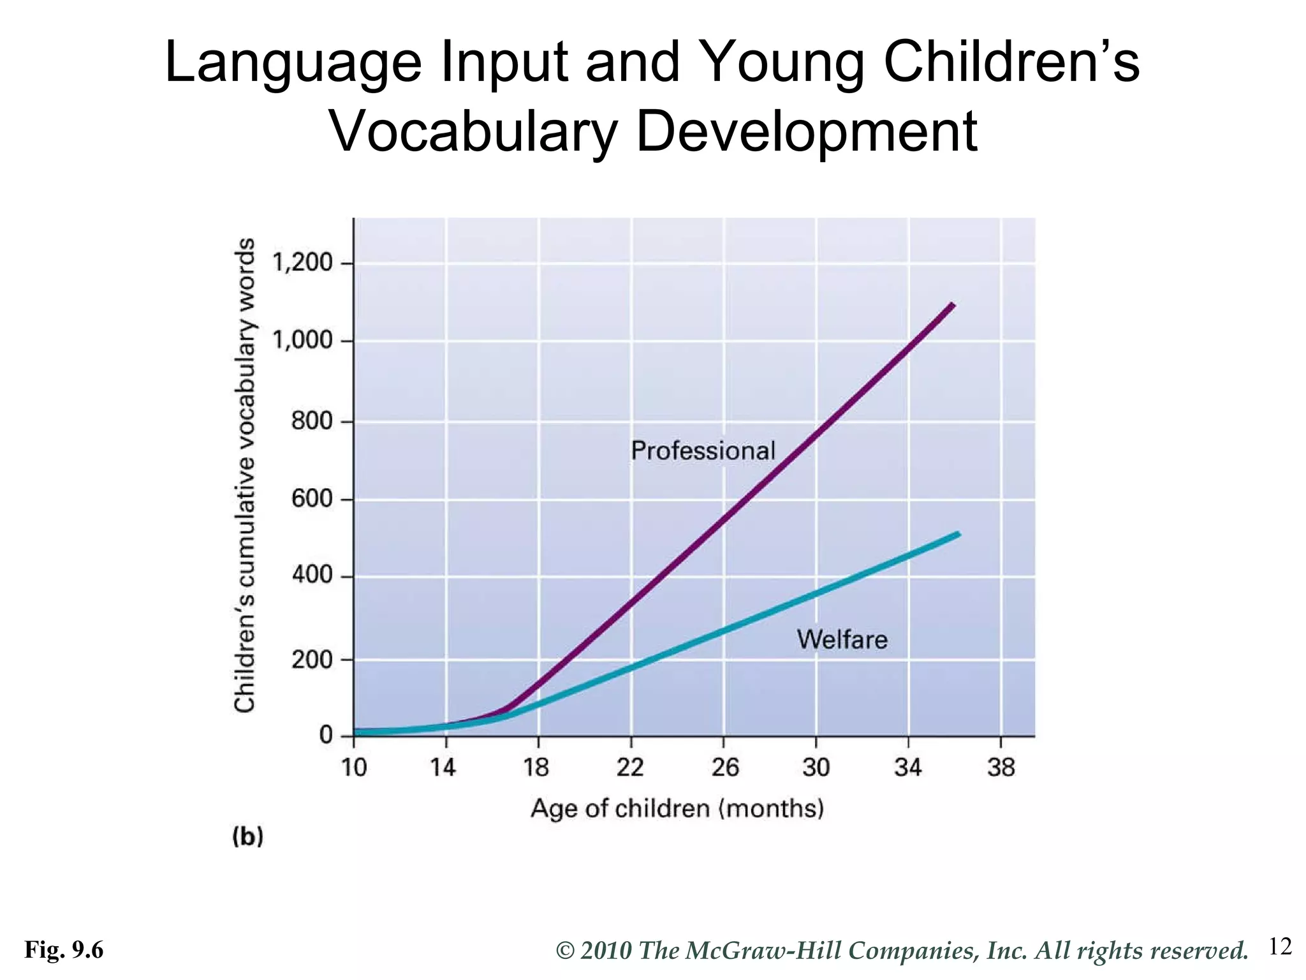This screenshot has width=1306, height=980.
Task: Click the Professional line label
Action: pyautogui.click(x=703, y=451)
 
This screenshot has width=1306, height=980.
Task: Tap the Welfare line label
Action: pyautogui.click(x=842, y=639)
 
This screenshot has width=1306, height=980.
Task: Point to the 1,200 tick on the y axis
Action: pyautogui.click(x=303, y=263)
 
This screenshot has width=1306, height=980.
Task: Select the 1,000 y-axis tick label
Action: pyautogui.click(x=303, y=341)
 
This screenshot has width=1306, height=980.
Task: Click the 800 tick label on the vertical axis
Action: pyautogui.click(x=312, y=421)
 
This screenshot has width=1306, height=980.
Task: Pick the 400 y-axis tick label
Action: pyautogui.click(x=312, y=576)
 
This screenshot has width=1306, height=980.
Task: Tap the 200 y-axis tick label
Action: pyautogui.click(x=312, y=659)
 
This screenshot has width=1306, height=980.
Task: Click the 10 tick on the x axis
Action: pyautogui.click(x=354, y=767)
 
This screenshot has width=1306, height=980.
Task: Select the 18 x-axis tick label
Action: pyautogui.click(x=536, y=767)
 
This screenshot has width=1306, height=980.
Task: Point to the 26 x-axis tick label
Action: pyautogui.click(x=724, y=767)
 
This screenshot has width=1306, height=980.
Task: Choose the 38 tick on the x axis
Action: pyautogui.click(x=1001, y=767)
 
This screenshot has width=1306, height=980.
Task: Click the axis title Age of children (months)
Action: pyautogui.click(x=677, y=808)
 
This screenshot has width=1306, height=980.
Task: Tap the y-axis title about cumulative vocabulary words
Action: pyautogui.click(x=245, y=475)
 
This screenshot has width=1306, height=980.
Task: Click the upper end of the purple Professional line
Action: pyautogui.click(x=952, y=305)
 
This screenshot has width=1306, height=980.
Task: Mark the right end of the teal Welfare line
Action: pyautogui.click(x=958, y=534)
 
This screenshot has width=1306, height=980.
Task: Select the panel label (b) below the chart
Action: pyautogui.click(x=248, y=836)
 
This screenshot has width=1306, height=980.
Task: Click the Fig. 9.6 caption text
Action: pyautogui.click(x=64, y=951)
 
